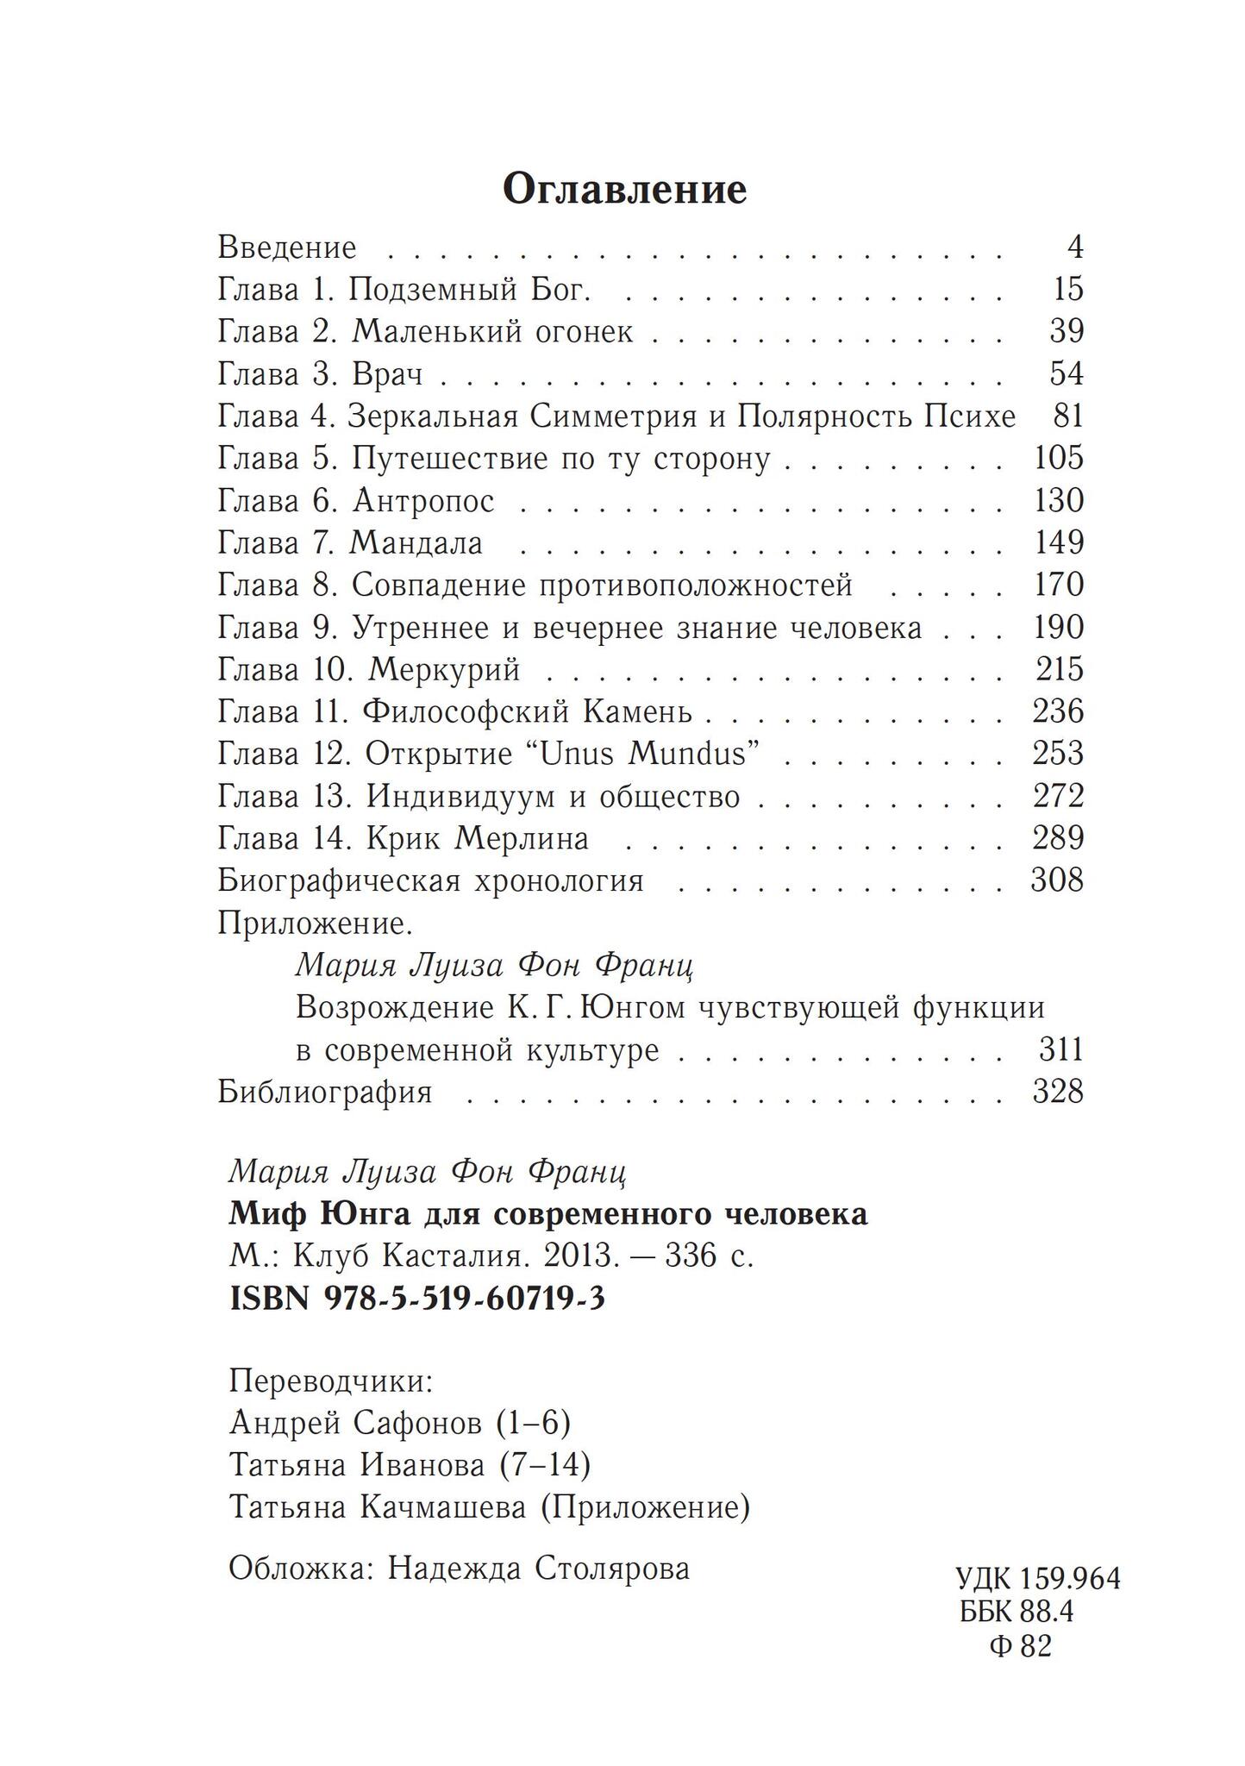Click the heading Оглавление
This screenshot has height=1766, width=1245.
pos(624,189)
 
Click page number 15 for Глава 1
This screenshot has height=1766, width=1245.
pos(1067,289)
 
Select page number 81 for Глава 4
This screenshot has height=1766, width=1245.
pos(1067,416)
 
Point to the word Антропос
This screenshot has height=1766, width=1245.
pos(423,501)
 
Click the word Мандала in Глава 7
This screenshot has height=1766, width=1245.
pos(416,543)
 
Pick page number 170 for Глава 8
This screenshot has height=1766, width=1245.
pos(1058,586)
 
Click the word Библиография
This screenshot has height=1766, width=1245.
pos(324,1093)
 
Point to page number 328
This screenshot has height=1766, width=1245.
pos(1058,1093)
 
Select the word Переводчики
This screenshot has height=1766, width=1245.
pos(330,1382)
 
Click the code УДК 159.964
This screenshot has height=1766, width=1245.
pos(1038,1579)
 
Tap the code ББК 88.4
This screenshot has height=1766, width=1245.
pos(1017,1613)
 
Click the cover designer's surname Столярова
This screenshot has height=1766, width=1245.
pos(612,1568)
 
